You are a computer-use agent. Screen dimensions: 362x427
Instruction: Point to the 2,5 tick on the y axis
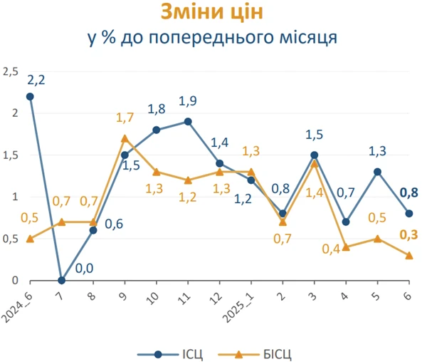(10, 71)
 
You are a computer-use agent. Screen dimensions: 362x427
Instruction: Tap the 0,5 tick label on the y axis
(10, 239)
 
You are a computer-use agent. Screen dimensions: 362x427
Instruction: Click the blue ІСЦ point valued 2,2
(29, 96)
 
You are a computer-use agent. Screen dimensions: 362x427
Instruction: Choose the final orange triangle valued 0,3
(409, 255)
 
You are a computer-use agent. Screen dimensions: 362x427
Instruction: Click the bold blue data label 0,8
(408, 192)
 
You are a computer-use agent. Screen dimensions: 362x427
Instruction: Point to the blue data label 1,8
(157, 109)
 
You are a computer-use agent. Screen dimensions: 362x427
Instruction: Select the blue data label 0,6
(115, 224)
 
